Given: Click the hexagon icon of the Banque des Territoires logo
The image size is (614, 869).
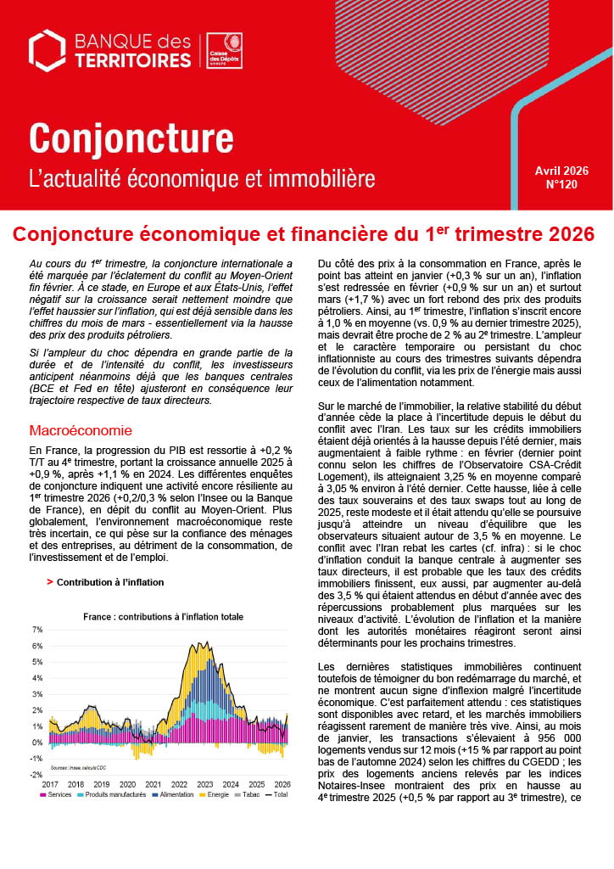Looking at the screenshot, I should pyautogui.click(x=47, y=50).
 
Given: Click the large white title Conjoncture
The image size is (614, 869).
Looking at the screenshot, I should pyautogui.click(x=131, y=137).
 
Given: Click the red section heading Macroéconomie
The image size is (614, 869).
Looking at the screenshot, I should pyautogui.click(x=80, y=430).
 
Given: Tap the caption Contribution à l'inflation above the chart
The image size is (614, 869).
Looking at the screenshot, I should pyautogui.click(x=110, y=582).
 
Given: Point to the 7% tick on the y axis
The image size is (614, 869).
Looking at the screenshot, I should pyautogui.click(x=36, y=630).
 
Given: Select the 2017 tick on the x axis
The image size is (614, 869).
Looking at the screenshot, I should pyautogui.click(x=49, y=784).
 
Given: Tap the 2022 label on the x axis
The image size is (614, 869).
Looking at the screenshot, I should pyautogui.click(x=180, y=784).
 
